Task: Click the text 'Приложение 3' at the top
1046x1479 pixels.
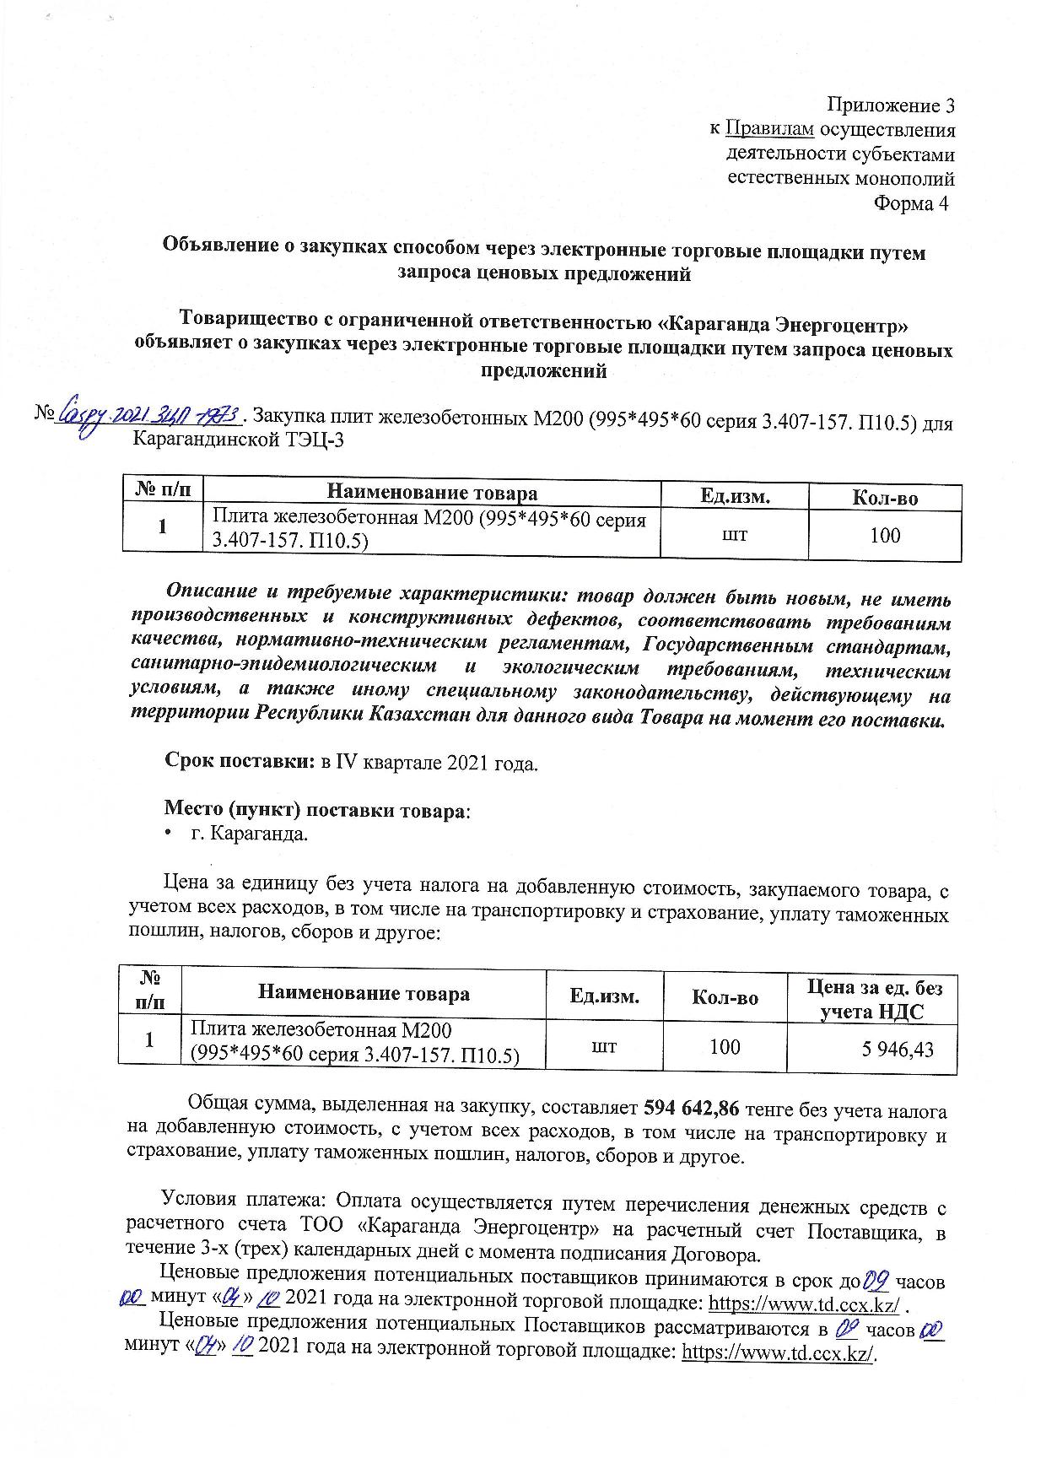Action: pyautogui.click(x=891, y=105)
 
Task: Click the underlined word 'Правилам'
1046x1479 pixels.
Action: pyautogui.click(x=769, y=130)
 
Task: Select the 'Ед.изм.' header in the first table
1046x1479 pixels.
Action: pyautogui.click(x=735, y=496)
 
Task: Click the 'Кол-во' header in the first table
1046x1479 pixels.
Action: pyautogui.click(x=884, y=498)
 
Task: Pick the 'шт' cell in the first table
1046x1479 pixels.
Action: pyautogui.click(x=735, y=534)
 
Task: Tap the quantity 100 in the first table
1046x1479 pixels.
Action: pyautogui.click(x=884, y=535)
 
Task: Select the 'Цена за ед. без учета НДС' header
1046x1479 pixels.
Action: pyautogui.click(x=875, y=1000)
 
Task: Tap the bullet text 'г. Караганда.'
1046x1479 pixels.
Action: pyautogui.click(x=249, y=835)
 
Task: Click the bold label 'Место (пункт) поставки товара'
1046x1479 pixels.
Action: pyautogui.click(x=315, y=811)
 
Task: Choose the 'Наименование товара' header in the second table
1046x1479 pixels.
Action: pyautogui.click(x=364, y=994)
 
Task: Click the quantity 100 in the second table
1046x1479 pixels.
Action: pyautogui.click(x=725, y=1047)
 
